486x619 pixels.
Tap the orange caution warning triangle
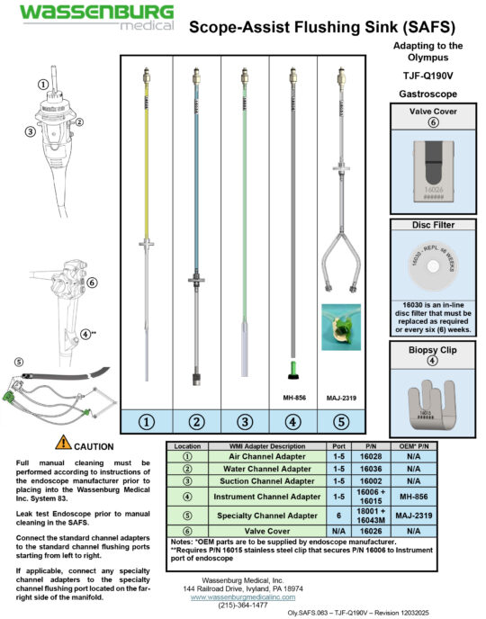tap(64, 442)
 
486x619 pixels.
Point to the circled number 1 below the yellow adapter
tap(147, 420)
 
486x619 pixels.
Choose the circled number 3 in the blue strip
tap(244, 420)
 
